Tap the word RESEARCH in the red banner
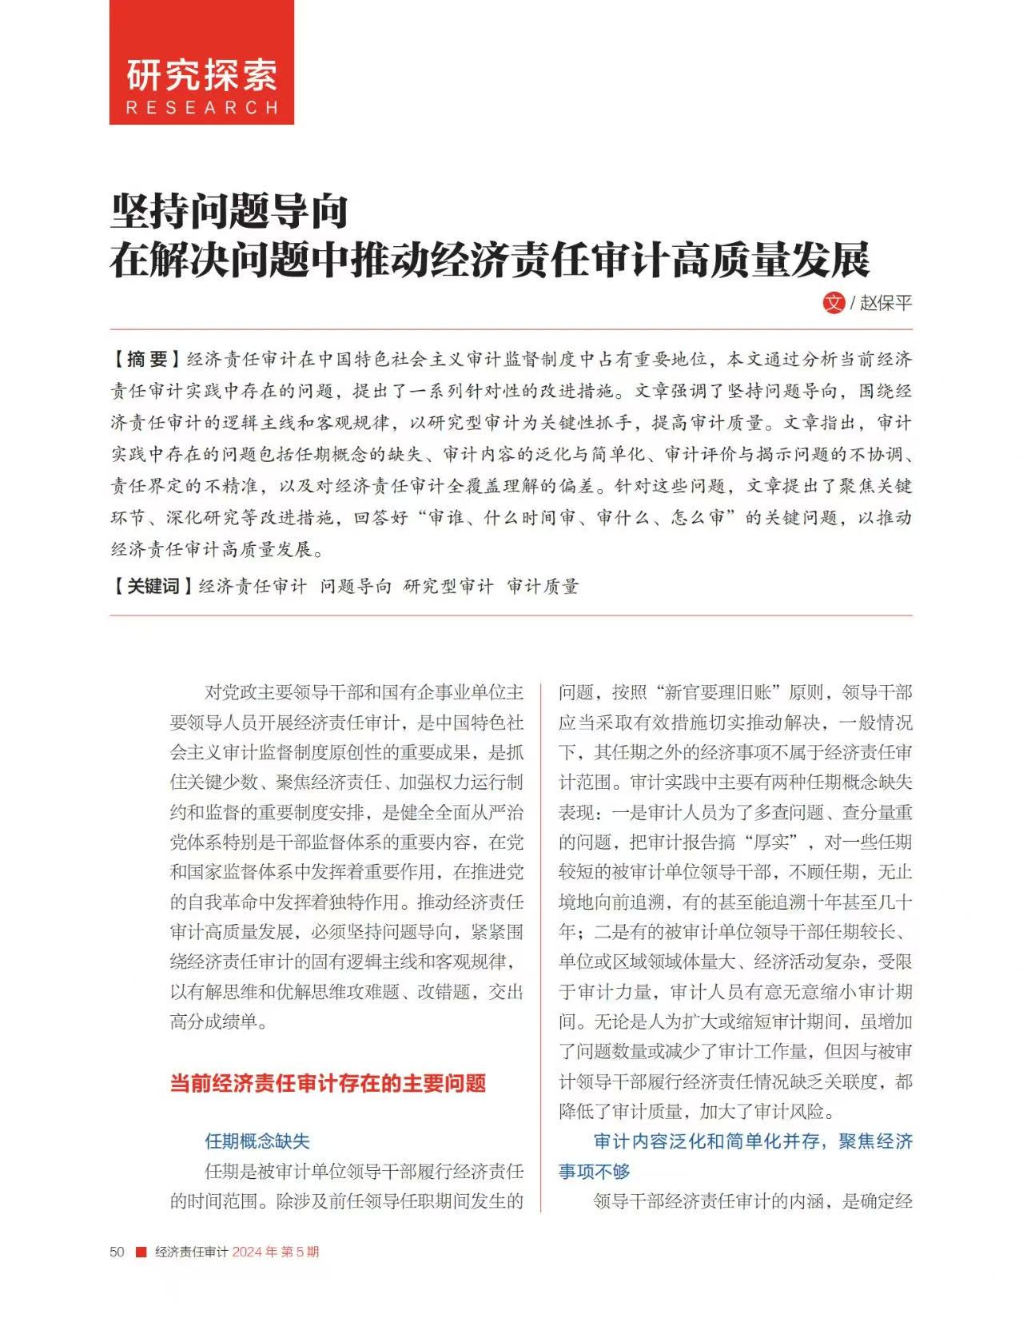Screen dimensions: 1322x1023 (x=201, y=108)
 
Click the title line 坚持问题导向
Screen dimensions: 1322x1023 (x=229, y=211)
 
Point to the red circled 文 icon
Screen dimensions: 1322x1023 (x=834, y=302)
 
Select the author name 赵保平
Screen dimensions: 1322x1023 (x=886, y=303)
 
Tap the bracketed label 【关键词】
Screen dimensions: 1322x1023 (x=152, y=586)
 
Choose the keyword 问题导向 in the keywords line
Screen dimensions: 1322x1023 (x=356, y=586)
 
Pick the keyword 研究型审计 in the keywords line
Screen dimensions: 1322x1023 (x=448, y=586)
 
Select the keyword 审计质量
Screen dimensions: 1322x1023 (x=543, y=586)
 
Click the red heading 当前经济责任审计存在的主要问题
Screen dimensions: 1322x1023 (x=328, y=1083)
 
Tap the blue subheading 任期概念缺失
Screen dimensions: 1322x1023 (x=257, y=1141)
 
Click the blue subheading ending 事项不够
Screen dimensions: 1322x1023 (x=595, y=1172)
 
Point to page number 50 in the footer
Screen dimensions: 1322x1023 (x=117, y=1252)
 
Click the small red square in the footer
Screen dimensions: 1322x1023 (x=141, y=1252)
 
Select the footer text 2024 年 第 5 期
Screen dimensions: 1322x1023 (x=275, y=1252)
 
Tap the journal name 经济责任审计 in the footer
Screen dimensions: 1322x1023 (x=192, y=1252)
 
